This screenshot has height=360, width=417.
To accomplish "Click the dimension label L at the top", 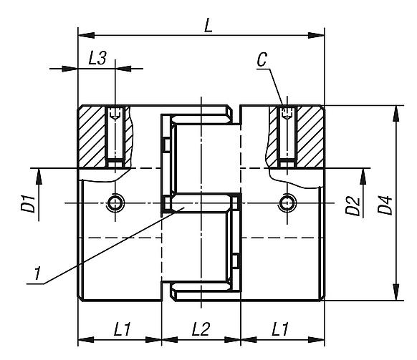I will [x=208, y=26].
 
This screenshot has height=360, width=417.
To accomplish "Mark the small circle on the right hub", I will [x=287, y=203].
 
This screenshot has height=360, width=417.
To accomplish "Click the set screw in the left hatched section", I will [x=115, y=136].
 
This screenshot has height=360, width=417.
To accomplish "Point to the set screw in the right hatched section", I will [x=287, y=136].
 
